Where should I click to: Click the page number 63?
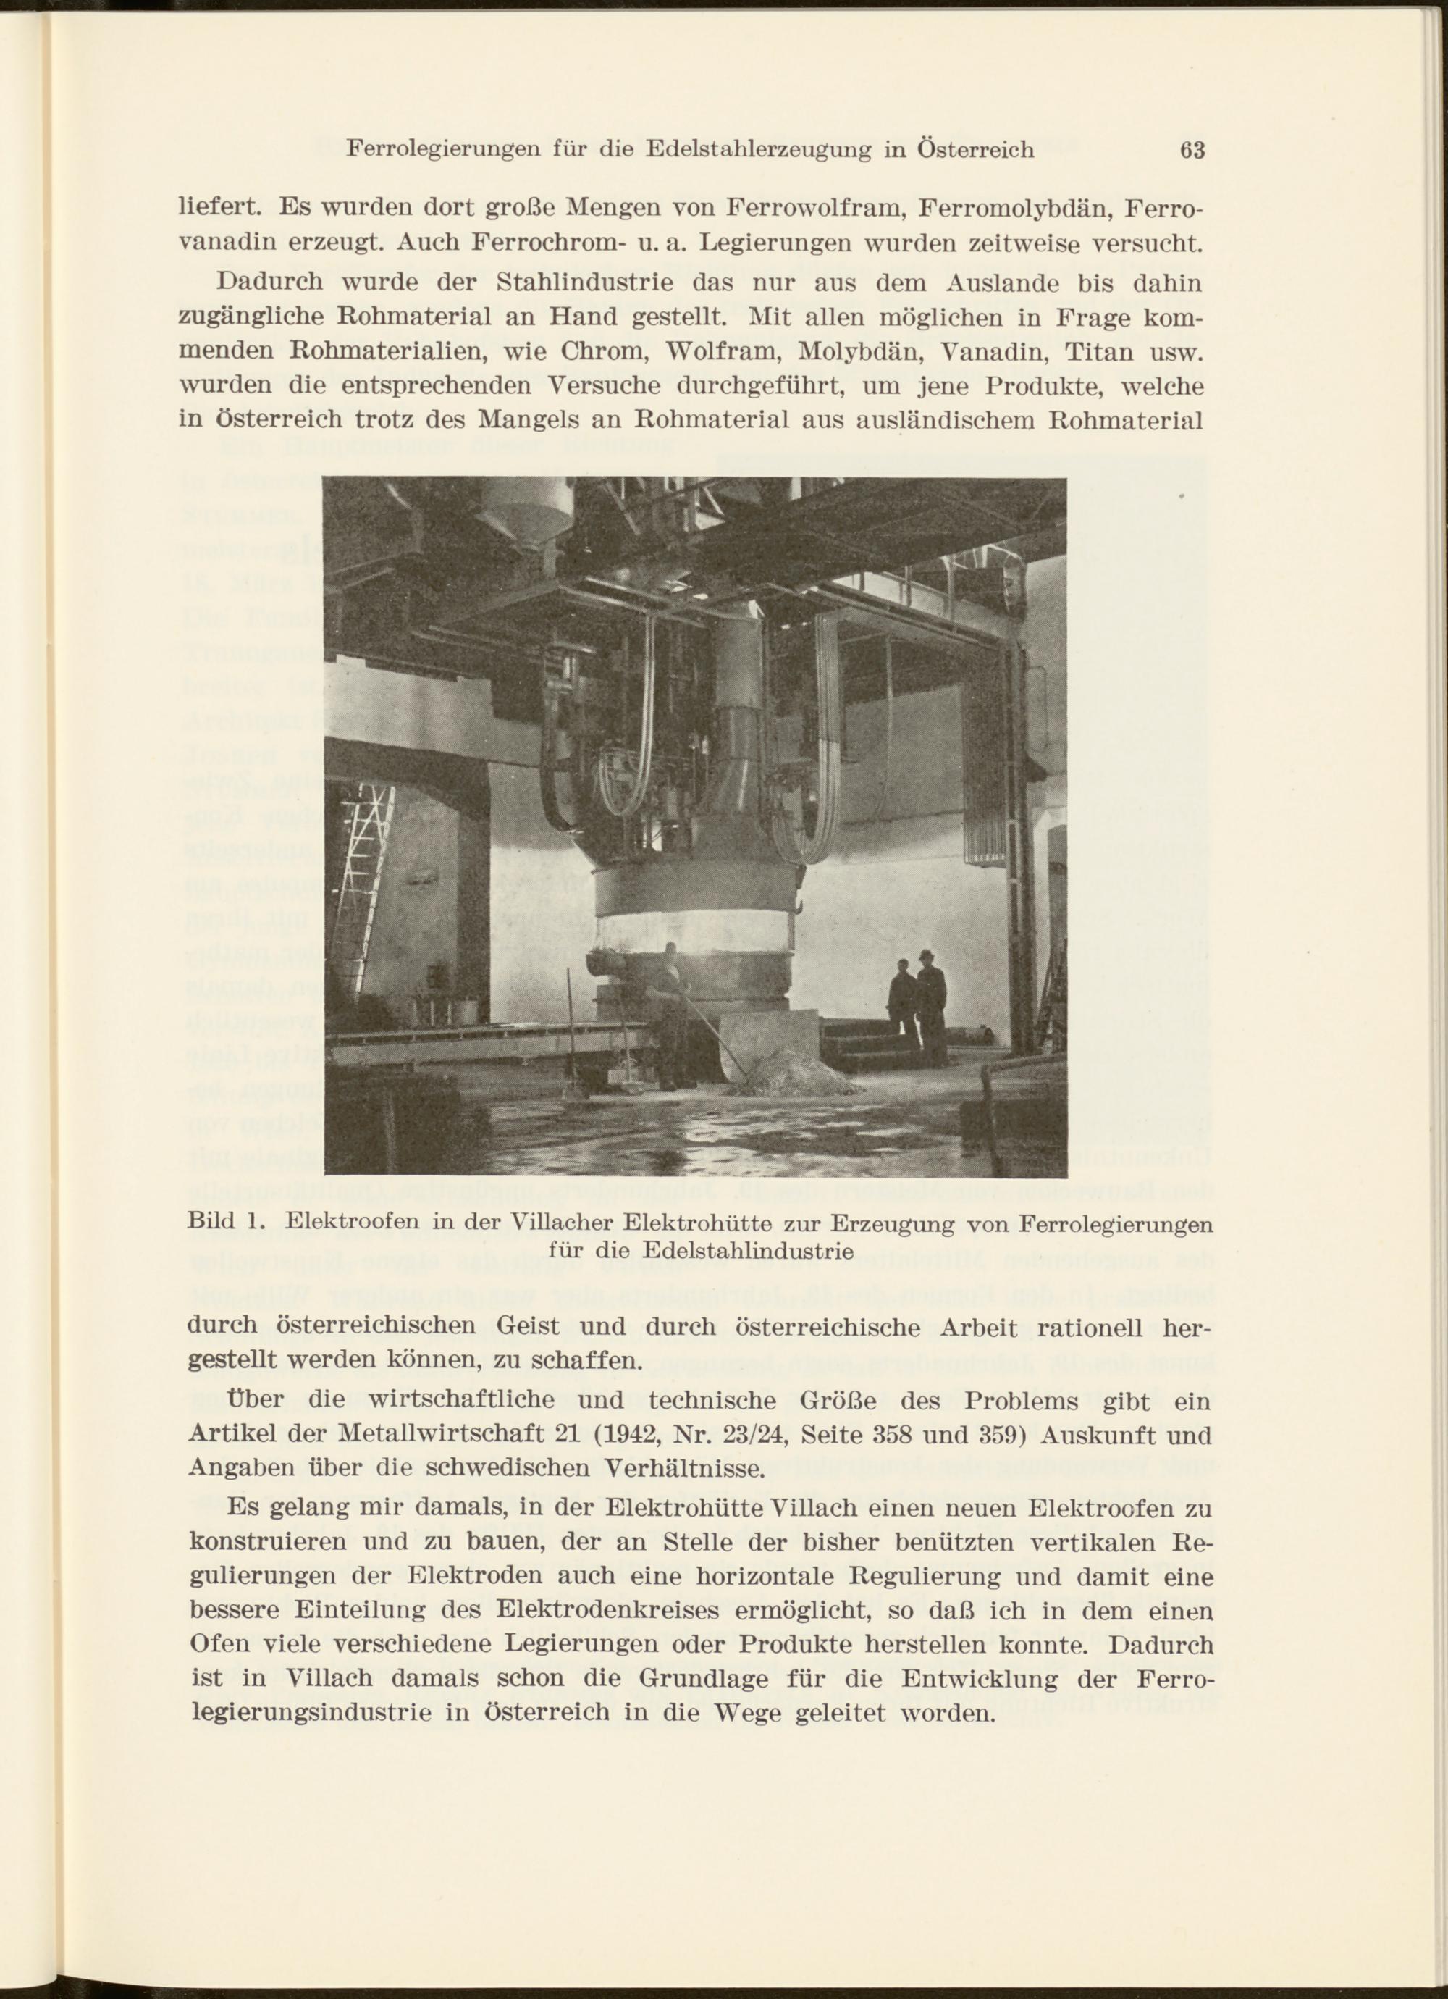[1192, 150]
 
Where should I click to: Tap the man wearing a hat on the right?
[930, 1005]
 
